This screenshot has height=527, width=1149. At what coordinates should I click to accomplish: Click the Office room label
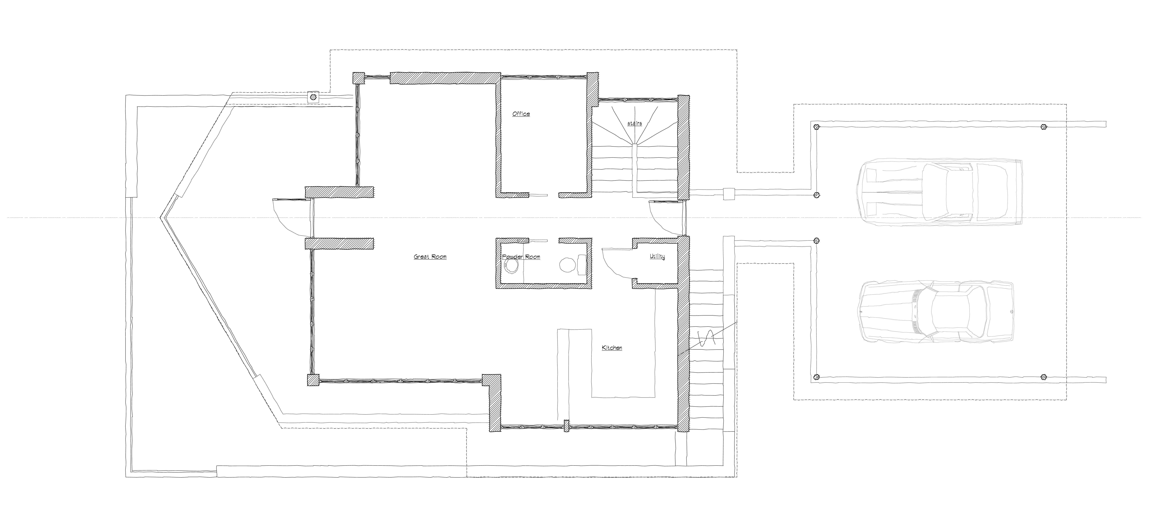click(x=521, y=114)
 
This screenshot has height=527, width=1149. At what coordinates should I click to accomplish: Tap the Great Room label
click(x=430, y=257)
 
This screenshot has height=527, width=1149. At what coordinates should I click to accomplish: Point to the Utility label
click(x=657, y=257)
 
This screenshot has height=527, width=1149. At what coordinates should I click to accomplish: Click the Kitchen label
click(x=612, y=348)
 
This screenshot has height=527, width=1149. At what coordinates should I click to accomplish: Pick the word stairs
click(x=634, y=123)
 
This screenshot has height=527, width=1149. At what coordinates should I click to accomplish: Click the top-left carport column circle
click(x=816, y=127)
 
